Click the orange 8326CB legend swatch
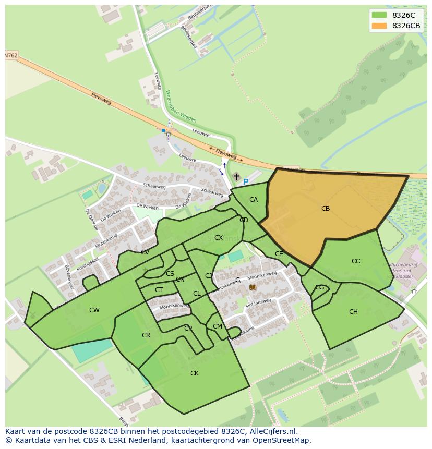click(x=379, y=26)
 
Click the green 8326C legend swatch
click(x=379, y=15)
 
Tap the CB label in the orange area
click(x=326, y=209)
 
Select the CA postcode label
click(x=254, y=200)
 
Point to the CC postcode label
click(x=356, y=261)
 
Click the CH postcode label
click(x=353, y=312)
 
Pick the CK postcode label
click(x=195, y=373)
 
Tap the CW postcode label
click(x=94, y=310)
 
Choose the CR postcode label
click(x=146, y=335)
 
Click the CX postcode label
click(x=219, y=238)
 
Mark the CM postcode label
click(x=218, y=326)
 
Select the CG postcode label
click(x=320, y=287)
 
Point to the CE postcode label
click(x=279, y=254)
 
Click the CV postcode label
click(x=145, y=252)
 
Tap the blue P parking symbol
click(x=246, y=182)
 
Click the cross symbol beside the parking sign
click(x=236, y=177)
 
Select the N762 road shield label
click(x=10, y=55)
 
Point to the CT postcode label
click(x=159, y=290)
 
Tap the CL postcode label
click(x=197, y=294)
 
